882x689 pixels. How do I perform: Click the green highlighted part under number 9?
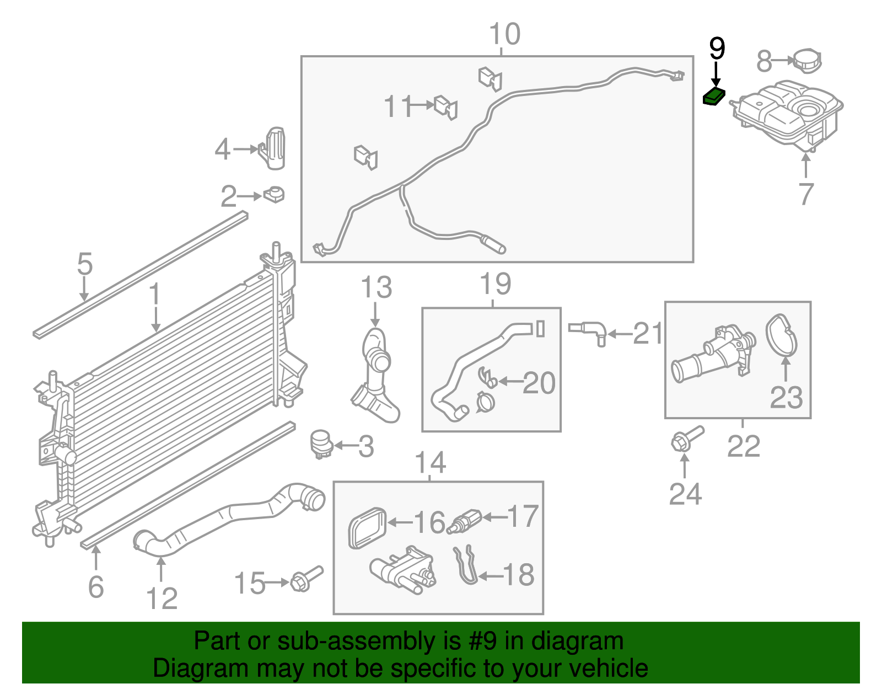pos(714,97)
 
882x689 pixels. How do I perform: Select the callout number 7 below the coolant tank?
pos(806,194)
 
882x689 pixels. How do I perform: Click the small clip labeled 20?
pos(487,378)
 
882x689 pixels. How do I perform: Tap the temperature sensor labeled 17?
pos(464,522)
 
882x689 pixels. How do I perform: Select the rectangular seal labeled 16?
pos(367,528)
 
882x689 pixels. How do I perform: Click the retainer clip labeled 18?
pos(466,565)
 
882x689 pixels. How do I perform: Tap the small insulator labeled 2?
pos(274,195)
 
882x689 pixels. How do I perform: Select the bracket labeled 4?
pos(272,148)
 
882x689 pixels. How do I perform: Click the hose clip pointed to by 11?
pos(445,108)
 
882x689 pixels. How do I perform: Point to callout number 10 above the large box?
pos(504,34)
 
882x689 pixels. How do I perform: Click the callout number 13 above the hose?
pos(377,287)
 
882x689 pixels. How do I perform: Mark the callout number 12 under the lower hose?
pos(162,598)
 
